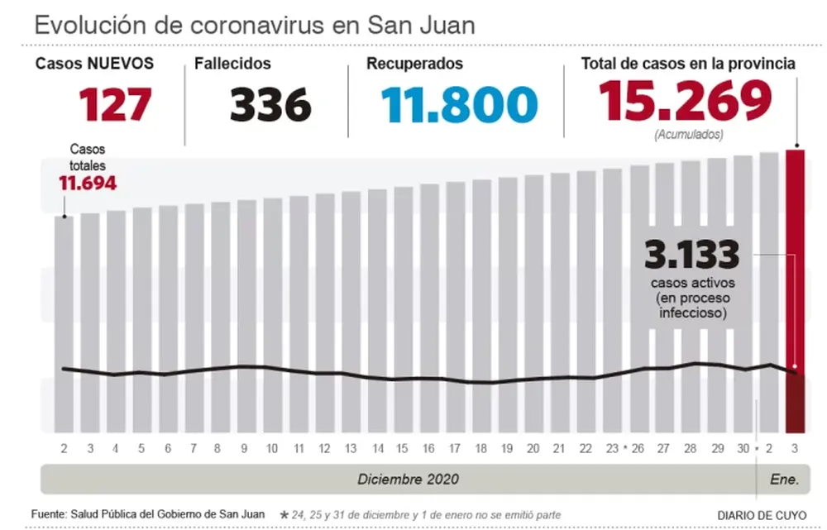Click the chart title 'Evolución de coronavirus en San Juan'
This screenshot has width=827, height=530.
pyautogui.click(x=255, y=24)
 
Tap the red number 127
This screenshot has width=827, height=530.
pyautogui.click(x=116, y=105)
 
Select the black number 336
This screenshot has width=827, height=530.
pyautogui.click(x=270, y=105)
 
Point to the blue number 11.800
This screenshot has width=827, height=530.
pyautogui.click(x=459, y=105)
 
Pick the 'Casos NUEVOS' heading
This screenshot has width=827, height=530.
pyautogui.click(x=94, y=64)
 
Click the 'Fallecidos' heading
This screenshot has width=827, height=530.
pyautogui.click(x=232, y=64)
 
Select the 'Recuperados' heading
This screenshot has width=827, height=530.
pyautogui.click(x=414, y=64)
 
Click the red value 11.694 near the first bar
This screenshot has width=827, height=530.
pyautogui.click(x=87, y=183)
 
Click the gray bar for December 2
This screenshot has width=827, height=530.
pyautogui.click(x=64, y=322)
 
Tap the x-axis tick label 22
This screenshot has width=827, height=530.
pyautogui.click(x=586, y=448)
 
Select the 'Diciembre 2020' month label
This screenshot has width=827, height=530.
pyautogui.click(x=408, y=480)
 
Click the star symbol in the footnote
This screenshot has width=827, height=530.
pyautogui.click(x=284, y=514)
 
